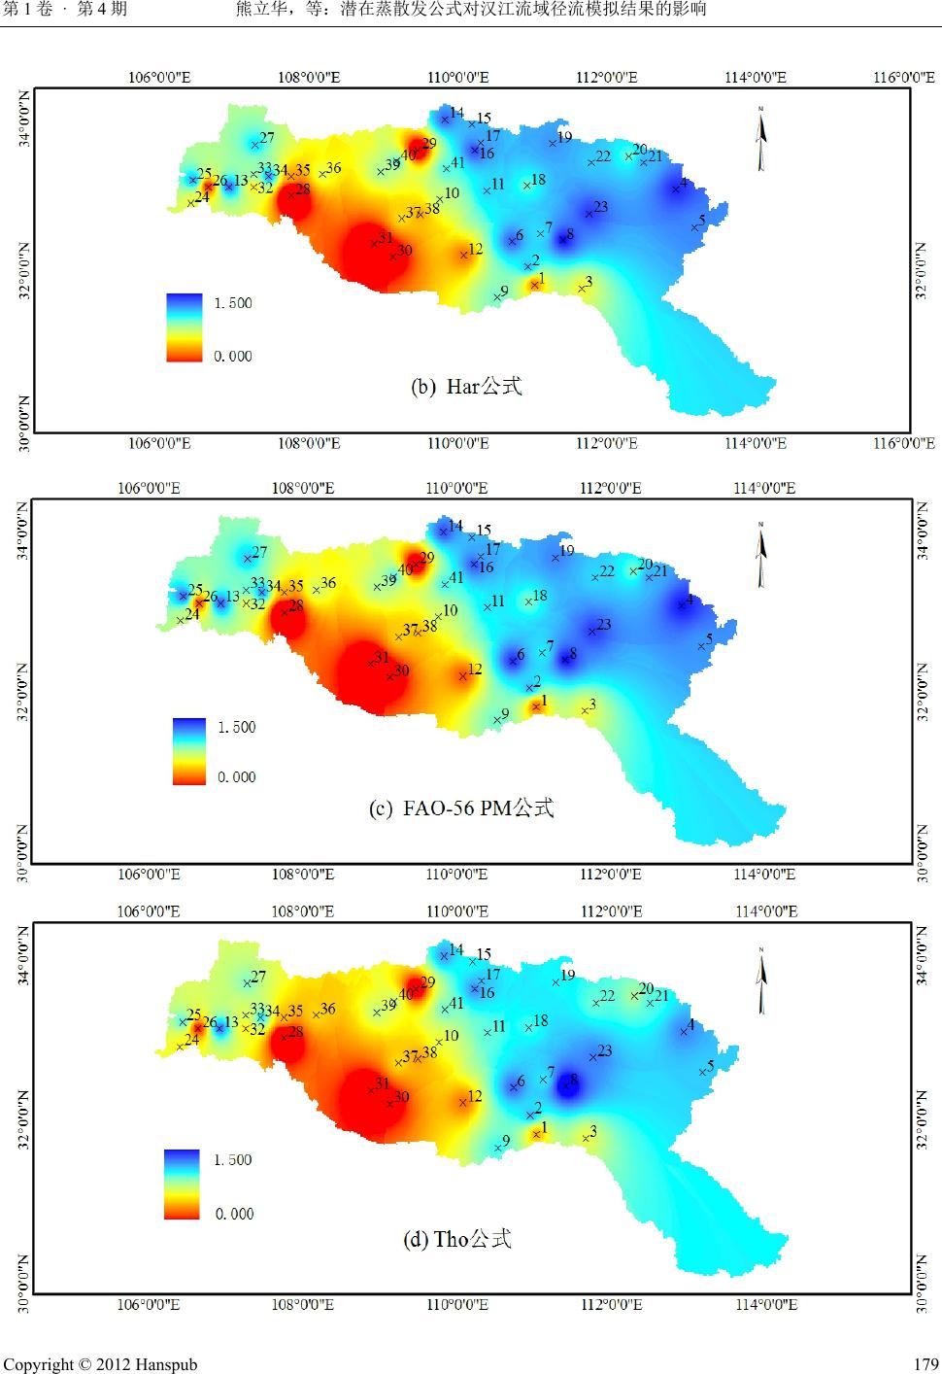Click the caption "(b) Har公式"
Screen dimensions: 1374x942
tap(467, 387)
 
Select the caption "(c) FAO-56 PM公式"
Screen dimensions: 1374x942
tap(462, 808)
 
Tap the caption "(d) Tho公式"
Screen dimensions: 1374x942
tap(457, 1239)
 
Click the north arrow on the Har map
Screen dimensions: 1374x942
tap(762, 136)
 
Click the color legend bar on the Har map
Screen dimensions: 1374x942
tap(185, 327)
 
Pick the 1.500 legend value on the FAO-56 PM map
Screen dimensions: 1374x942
tap(235, 727)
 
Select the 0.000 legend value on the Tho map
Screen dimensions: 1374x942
tap(234, 1214)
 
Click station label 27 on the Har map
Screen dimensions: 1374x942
tap(266, 138)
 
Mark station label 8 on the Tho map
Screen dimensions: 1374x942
tap(573, 1079)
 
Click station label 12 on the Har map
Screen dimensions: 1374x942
tap(475, 250)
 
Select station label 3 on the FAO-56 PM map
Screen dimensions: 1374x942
tap(591, 704)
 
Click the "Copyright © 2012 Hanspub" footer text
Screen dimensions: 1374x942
tap(100, 1364)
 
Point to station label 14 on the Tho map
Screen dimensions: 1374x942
tap(455, 949)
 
